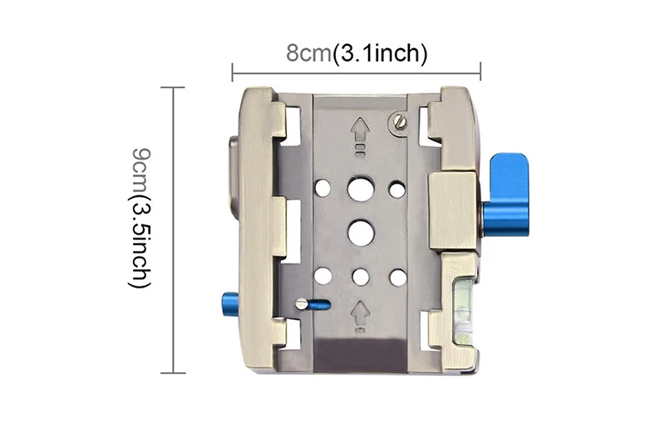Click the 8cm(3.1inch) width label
pyautogui.click(x=357, y=53)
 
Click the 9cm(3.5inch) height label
pyautogui.click(x=139, y=218)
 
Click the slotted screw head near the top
pyautogui.click(x=400, y=121)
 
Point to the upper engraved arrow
pyautogui.click(x=361, y=131)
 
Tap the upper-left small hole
pyautogui.click(x=323, y=189)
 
